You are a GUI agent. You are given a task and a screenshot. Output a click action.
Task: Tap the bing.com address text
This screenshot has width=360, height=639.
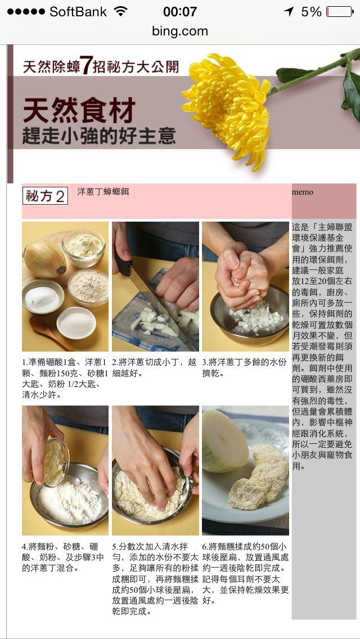tap(180, 31)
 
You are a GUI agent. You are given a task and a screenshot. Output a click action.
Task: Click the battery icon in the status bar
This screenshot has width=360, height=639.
tap(340, 11)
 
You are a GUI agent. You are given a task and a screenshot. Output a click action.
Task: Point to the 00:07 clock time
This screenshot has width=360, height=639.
tap(180, 12)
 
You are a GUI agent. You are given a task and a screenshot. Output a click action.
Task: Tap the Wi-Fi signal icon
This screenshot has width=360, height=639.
tap(121, 11)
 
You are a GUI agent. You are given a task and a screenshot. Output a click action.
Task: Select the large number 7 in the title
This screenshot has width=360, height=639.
tap(85, 65)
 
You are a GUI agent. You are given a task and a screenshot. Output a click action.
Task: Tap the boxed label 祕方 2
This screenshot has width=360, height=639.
tap(45, 196)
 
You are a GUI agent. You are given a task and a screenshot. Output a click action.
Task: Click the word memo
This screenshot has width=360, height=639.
tap(303, 192)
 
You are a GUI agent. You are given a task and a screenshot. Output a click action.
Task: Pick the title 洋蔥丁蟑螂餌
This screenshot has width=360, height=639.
tap(103, 192)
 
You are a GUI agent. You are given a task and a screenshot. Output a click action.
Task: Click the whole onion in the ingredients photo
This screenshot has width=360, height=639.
tap(44, 259)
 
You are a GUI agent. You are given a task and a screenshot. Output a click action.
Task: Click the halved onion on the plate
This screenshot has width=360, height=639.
tap(224, 442)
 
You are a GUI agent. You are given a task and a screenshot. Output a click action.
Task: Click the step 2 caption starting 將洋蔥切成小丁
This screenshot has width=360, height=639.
tap(154, 367)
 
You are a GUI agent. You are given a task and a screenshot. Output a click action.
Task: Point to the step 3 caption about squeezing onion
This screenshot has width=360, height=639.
tap(244, 367)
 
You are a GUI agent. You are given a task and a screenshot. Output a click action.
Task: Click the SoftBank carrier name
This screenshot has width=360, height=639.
tap(78, 12)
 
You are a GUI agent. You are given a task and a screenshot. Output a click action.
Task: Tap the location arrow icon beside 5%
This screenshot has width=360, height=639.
tap(289, 12)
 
